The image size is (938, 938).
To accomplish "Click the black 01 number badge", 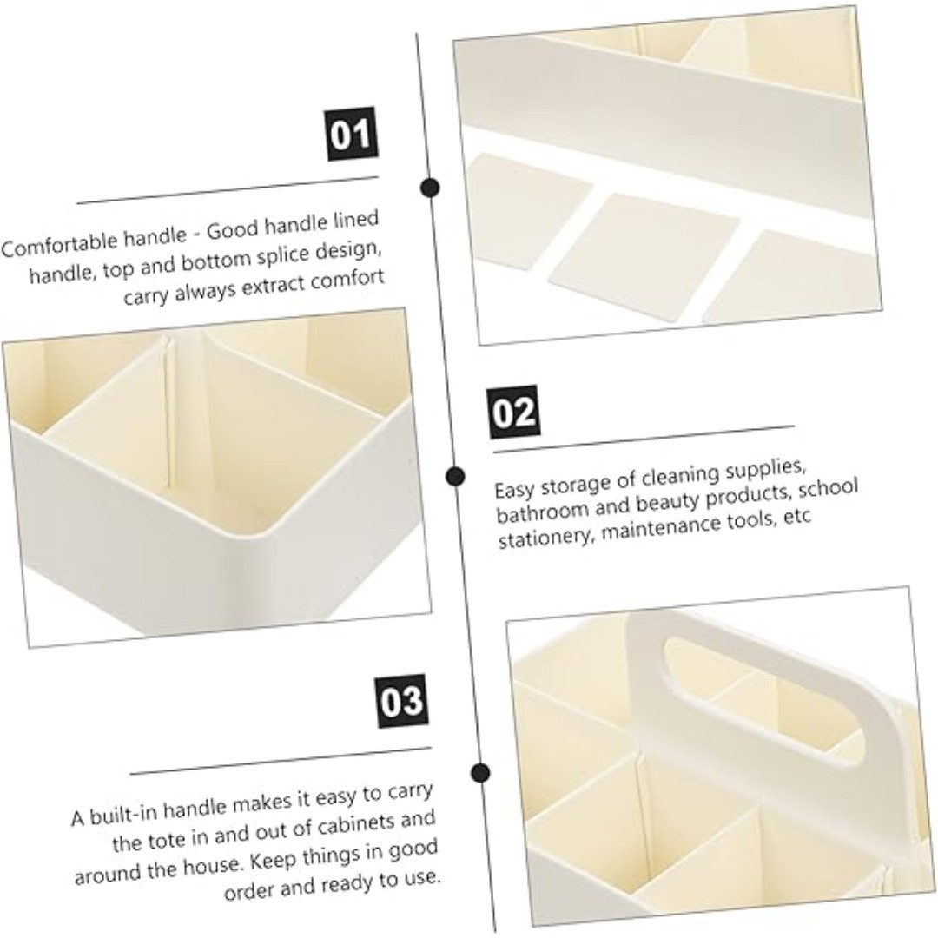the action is (352, 134).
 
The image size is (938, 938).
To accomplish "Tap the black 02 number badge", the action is (514, 413).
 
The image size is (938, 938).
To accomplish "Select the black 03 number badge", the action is (402, 701).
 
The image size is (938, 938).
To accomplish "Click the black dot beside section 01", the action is (430, 188).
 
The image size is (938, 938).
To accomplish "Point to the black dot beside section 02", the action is (455, 476).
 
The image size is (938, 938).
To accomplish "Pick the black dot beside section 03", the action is (480, 772).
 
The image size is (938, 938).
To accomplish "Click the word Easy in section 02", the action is (514, 490).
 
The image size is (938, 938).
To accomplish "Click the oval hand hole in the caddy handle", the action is (764, 701).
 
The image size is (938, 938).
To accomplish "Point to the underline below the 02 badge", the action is (644, 439).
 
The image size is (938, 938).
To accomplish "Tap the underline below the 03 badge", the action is (280, 761).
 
